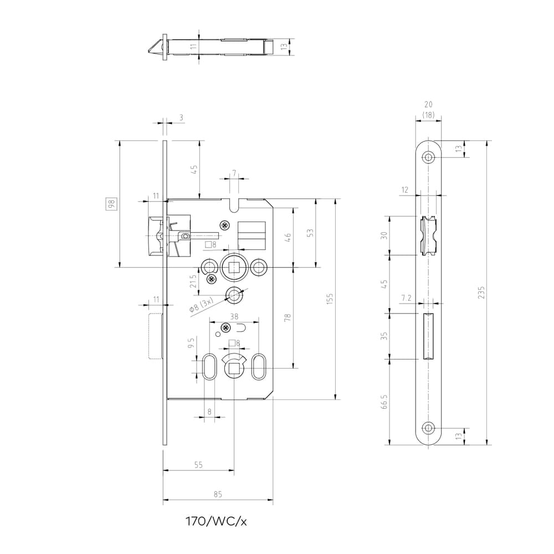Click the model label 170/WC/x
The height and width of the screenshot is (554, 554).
point(216,521)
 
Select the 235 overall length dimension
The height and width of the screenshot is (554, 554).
point(481,293)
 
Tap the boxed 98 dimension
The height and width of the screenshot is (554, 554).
point(111,204)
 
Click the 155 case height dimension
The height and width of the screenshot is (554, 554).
point(330,299)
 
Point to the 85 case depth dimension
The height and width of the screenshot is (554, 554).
point(218,494)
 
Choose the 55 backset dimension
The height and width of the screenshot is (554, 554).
point(198,465)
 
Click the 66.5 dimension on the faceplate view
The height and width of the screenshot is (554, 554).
point(384,402)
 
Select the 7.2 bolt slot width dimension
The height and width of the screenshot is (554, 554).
point(406,298)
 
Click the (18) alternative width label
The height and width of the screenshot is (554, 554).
point(428,115)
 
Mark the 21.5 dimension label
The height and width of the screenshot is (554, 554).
point(193,281)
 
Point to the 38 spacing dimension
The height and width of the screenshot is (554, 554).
point(234,316)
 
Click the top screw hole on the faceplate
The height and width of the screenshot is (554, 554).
point(429,157)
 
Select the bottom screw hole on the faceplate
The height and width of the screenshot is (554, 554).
point(429,428)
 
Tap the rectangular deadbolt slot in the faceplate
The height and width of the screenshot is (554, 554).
point(429,336)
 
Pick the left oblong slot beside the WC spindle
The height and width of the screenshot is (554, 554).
point(209,367)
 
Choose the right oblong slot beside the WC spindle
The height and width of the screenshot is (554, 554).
point(258,367)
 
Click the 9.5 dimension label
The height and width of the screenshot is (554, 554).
point(192,343)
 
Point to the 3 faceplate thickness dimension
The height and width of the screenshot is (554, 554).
point(181,117)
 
